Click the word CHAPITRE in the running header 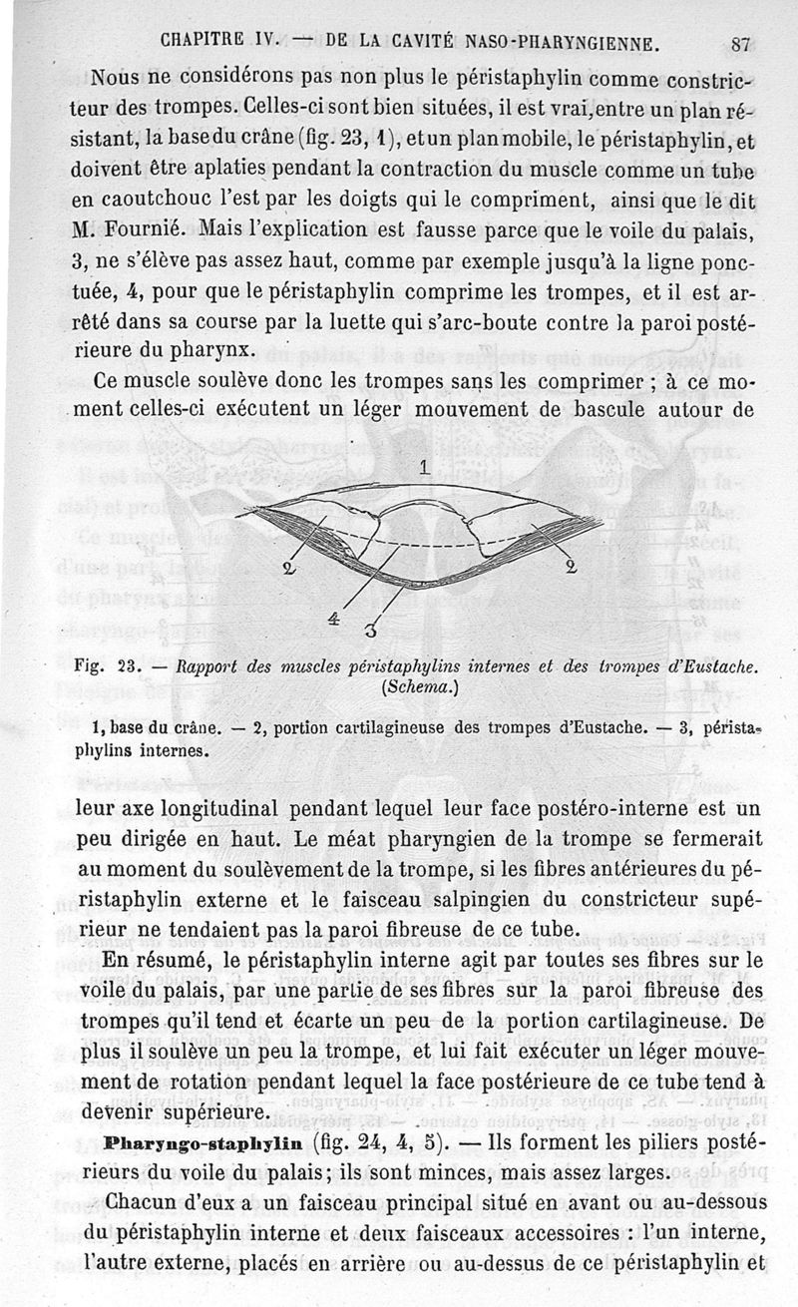click(203, 43)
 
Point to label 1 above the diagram click(423, 466)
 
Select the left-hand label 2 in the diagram click(289, 571)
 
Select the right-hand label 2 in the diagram click(571, 568)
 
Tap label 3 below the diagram click(371, 630)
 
